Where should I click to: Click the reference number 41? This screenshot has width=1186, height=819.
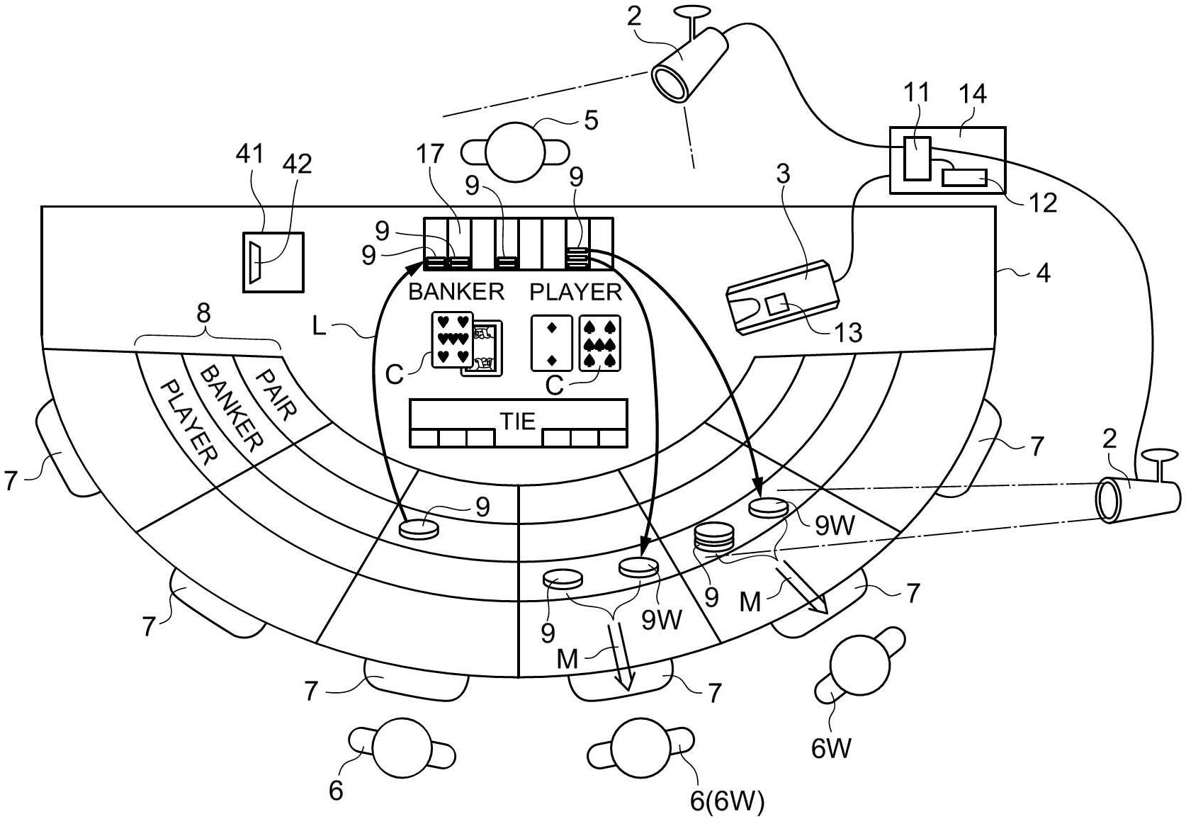pyautogui.click(x=249, y=154)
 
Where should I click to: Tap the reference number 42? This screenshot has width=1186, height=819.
pyautogui.click(x=297, y=164)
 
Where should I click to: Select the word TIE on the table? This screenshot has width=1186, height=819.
pyautogui.click(x=518, y=421)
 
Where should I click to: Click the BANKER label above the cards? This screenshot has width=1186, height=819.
pyautogui.click(x=456, y=291)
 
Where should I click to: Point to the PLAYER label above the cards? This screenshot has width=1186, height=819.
pyautogui.click(x=575, y=291)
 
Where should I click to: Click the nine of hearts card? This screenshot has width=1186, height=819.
pyautogui.click(x=452, y=340)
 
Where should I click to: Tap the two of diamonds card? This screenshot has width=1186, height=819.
pyautogui.click(x=552, y=343)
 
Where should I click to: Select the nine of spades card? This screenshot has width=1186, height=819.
pyautogui.click(x=599, y=343)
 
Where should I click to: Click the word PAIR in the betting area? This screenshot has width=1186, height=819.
pyautogui.click(x=275, y=394)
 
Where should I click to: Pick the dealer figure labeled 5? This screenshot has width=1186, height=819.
pyautogui.click(x=515, y=152)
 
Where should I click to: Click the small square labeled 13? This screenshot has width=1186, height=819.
pyautogui.click(x=777, y=306)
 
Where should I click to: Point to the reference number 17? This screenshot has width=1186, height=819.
pyautogui.click(x=431, y=154)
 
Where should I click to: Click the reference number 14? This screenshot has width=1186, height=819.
pyautogui.click(x=972, y=94)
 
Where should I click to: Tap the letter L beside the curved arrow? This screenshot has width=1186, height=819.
pyautogui.click(x=320, y=326)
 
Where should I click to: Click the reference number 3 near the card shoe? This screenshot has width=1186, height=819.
pyautogui.click(x=782, y=173)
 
